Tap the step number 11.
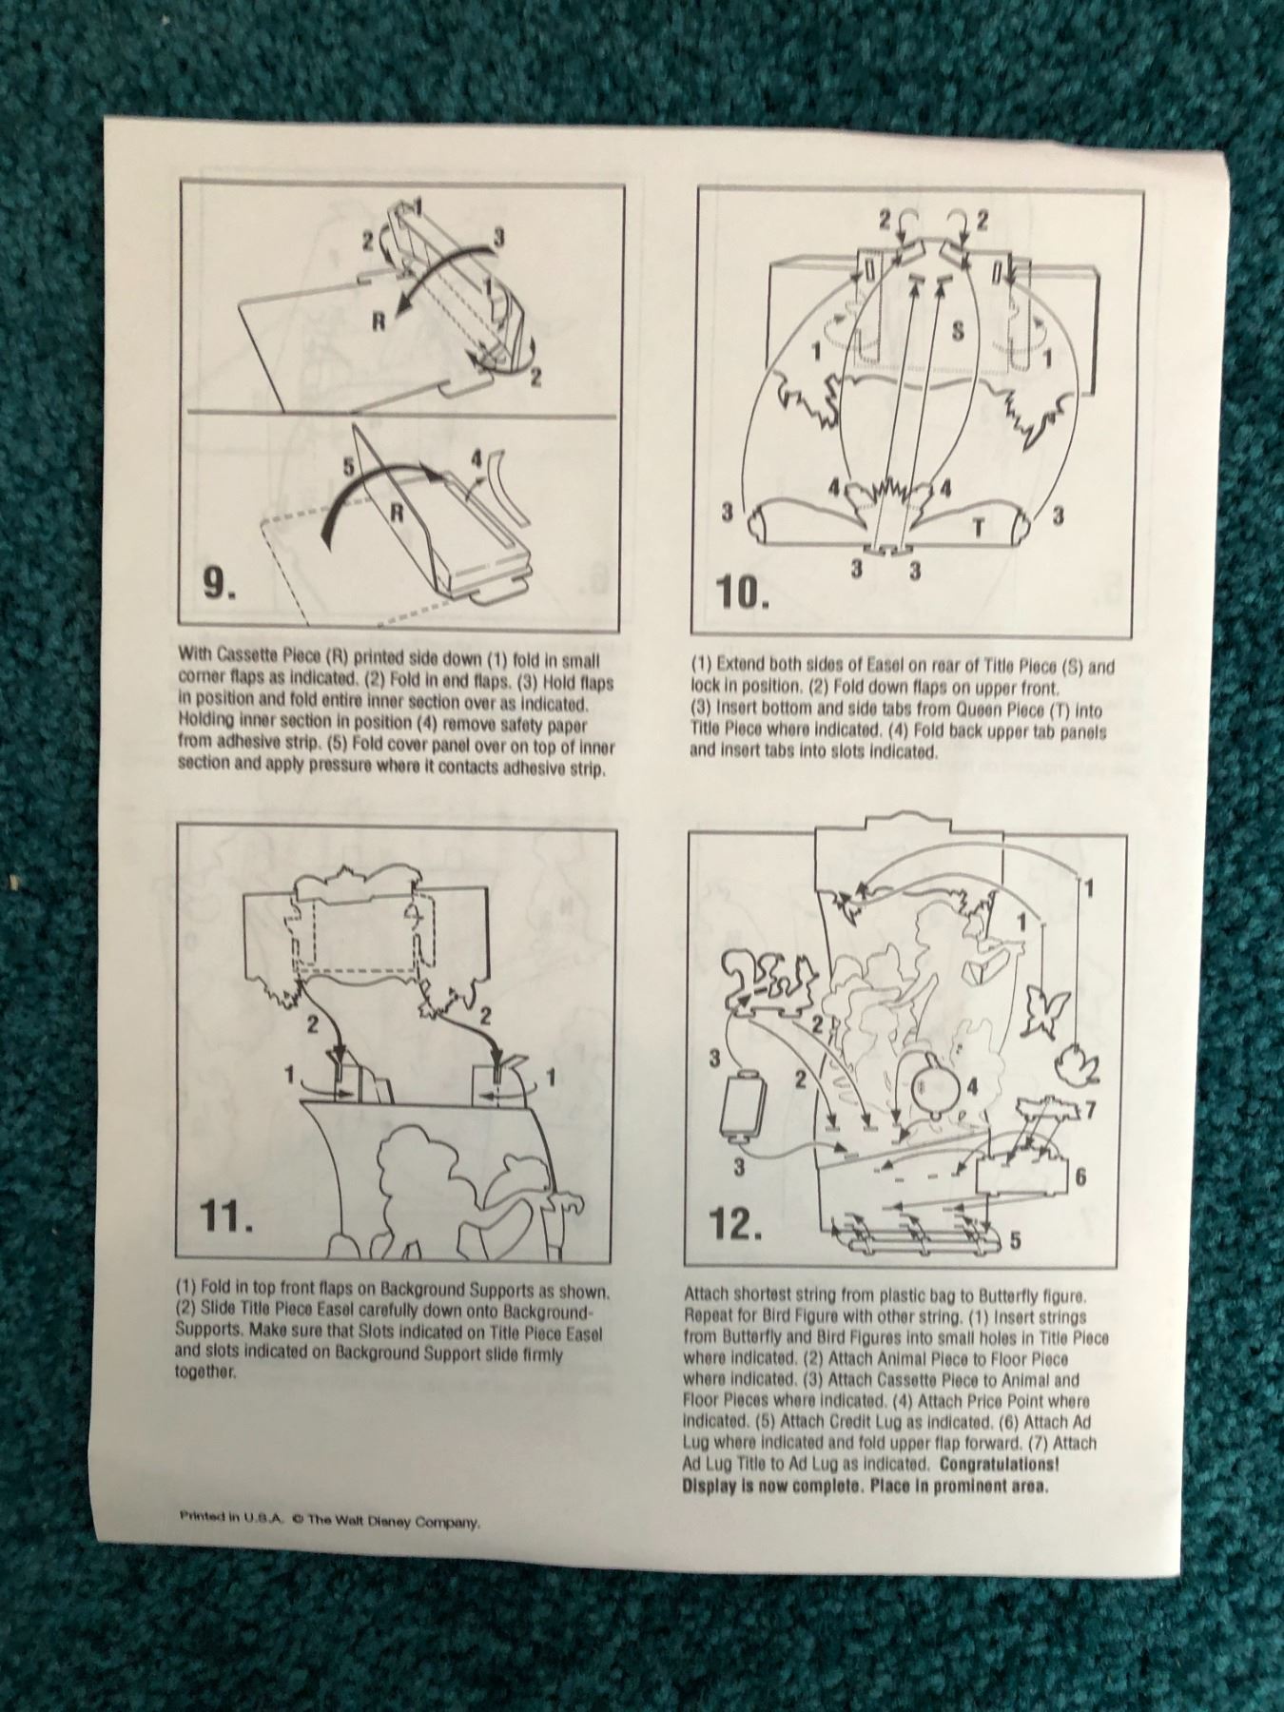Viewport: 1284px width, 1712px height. point(227,1217)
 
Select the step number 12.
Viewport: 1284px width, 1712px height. point(736,1224)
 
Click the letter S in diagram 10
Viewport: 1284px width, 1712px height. point(958,331)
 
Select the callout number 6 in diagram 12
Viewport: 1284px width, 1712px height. point(1080,1177)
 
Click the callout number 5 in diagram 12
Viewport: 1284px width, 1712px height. point(1015,1240)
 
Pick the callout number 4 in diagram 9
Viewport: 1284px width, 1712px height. point(476,459)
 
